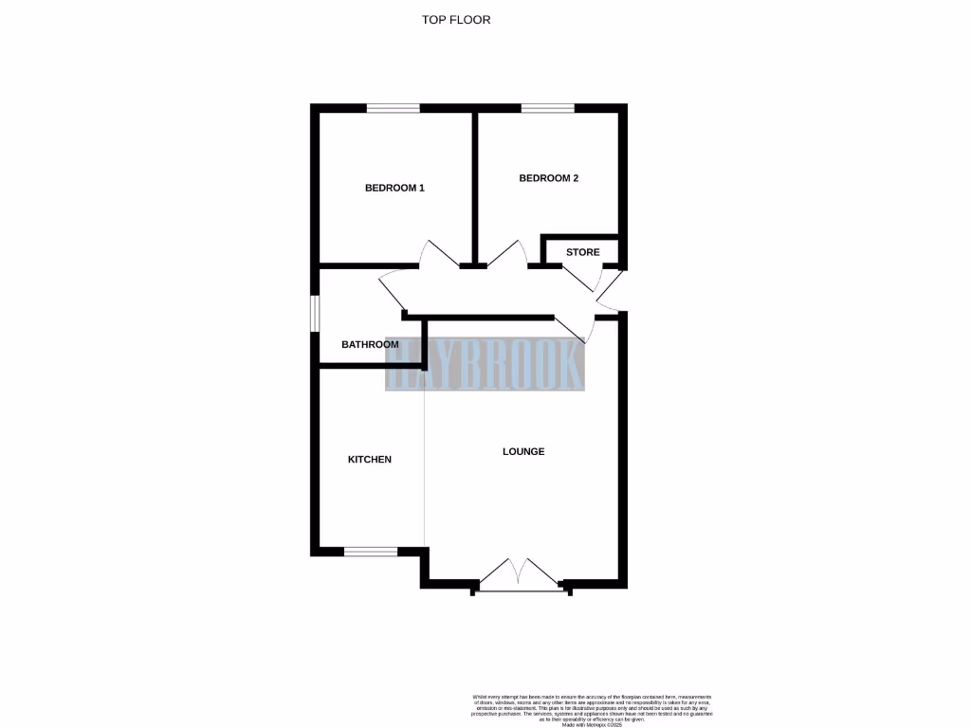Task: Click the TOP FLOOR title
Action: point(456,19)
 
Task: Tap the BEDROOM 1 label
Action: point(394,188)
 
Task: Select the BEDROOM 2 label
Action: point(548,178)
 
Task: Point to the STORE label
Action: point(582,252)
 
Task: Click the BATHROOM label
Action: point(370,344)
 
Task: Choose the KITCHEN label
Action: point(369,459)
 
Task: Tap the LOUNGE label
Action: point(523,451)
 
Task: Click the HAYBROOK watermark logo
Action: point(485,365)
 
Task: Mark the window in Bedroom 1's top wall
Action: point(394,108)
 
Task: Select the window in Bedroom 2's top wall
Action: point(546,108)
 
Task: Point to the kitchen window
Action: point(371,551)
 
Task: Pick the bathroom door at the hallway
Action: point(392,291)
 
